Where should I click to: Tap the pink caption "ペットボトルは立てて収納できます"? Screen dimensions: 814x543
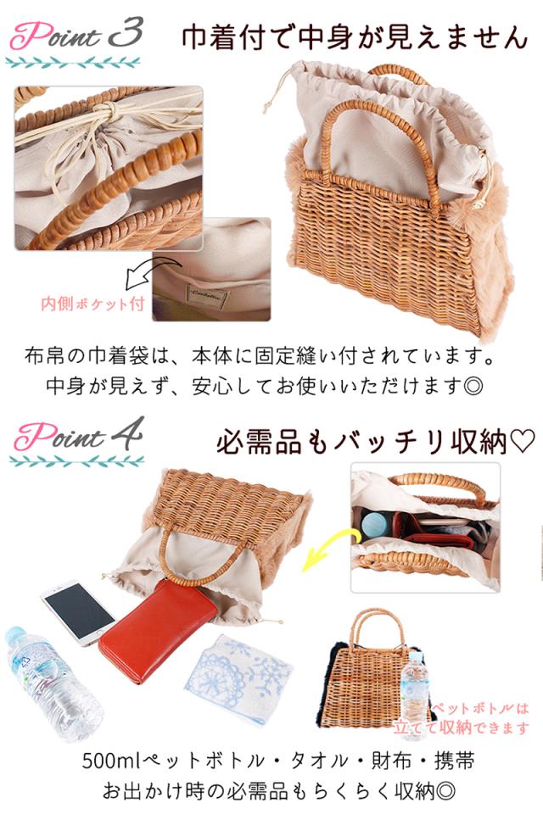coord(479,717)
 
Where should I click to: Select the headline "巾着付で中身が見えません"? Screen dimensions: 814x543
coord(355,38)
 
